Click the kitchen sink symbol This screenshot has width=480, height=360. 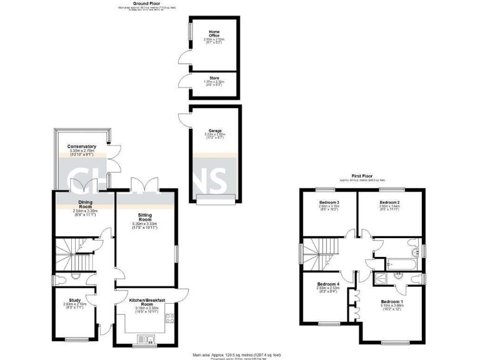pyautogui.click(x=151, y=339)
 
